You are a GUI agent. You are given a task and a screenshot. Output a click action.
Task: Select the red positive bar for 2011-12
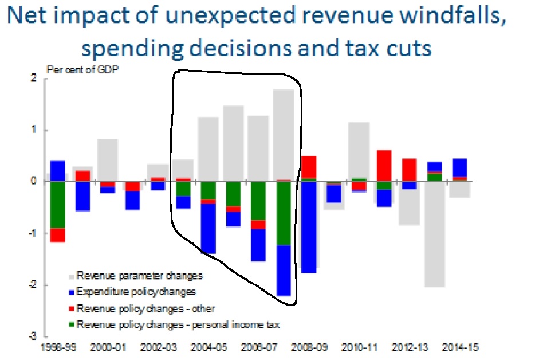(x=384, y=166)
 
